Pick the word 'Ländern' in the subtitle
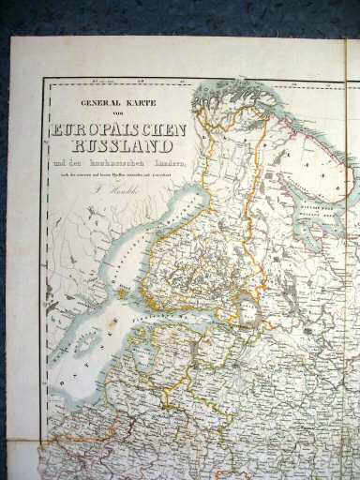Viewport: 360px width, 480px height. coord(169,165)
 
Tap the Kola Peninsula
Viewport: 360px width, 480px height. coord(300,141)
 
